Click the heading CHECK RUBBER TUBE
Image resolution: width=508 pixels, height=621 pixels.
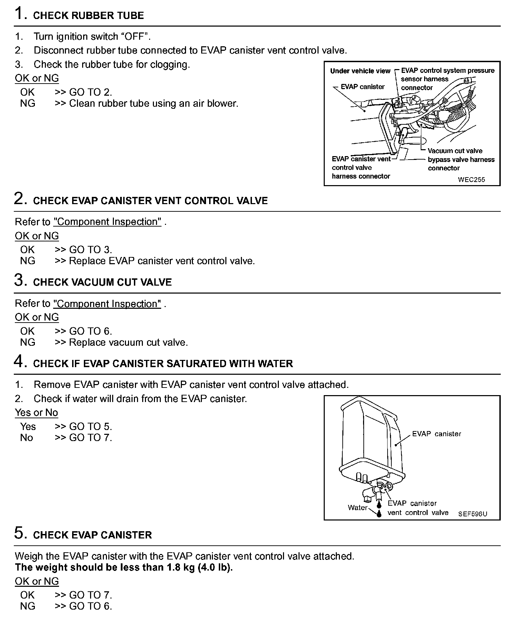(x=88, y=16)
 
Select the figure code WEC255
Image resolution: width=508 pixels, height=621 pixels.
(x=471, y=180)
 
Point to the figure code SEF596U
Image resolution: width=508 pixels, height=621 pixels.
(x=472, y=514)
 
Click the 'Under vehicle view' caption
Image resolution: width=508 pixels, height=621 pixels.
(x=360, y=71)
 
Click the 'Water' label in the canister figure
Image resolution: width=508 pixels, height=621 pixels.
(x=358, y=507)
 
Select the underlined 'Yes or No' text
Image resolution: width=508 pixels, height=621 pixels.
(x=36, y=412)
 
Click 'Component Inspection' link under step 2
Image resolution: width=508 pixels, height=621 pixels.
(x=107, y=222)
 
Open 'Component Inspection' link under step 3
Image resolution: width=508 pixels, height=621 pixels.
(x=107, y=304)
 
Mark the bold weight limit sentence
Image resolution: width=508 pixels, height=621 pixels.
(x=124, y=567)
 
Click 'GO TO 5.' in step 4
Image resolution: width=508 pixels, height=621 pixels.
(x=90, y=427)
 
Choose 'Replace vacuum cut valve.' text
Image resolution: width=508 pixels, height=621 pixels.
(x=128, y=342)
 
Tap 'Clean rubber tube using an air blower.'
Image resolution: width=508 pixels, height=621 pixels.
(x=154, y=103)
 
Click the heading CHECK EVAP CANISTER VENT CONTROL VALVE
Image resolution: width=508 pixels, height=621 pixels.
(x=150, y=201)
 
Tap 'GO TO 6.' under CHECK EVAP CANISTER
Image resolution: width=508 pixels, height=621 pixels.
(x=90, y=606)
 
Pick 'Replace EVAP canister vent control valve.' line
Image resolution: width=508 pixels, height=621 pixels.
(x=162, y=261)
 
